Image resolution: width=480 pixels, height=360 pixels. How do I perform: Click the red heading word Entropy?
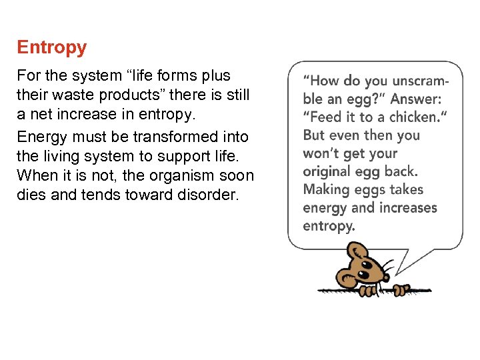tap(51, 47)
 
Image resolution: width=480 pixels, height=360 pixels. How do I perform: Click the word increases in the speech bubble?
tap(407, 207)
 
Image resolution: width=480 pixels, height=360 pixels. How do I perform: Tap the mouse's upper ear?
tap(358, 251)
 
